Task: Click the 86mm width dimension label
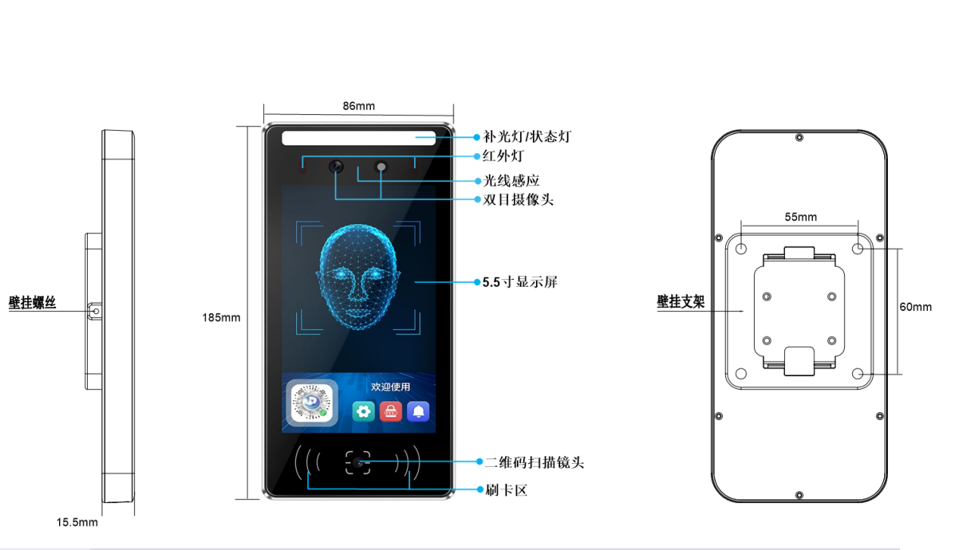359,106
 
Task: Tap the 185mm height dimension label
221,318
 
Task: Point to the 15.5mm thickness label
77,522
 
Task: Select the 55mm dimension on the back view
801,217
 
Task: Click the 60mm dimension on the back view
915,307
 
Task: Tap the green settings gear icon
363,412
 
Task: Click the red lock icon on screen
391,412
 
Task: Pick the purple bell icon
418,412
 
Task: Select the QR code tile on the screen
312,402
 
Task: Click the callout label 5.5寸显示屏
520,282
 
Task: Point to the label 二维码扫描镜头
534,462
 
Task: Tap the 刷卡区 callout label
506,490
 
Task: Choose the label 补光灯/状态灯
527,137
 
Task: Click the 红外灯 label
503,156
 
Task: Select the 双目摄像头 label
518,200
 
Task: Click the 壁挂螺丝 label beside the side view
32,303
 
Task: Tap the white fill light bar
359,138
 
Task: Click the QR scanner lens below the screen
357,462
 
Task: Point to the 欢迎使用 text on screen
391,387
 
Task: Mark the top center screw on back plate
799,138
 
